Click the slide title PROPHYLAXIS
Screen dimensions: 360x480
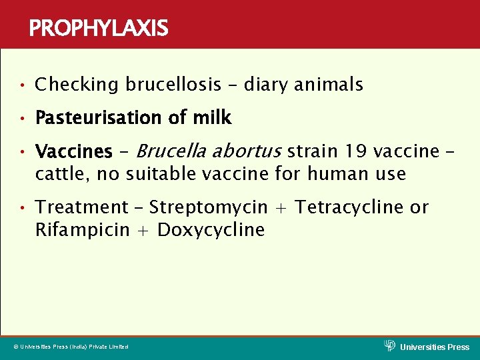(99, 29)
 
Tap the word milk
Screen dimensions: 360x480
(212, 118)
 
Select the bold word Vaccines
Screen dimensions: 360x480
(73, 152)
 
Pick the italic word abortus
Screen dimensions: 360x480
(248, 151)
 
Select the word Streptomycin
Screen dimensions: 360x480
(209, 208)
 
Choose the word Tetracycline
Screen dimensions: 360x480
(349, 208)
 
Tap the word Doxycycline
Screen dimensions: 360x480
(211, 231)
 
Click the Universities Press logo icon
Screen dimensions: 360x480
(390, 345)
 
